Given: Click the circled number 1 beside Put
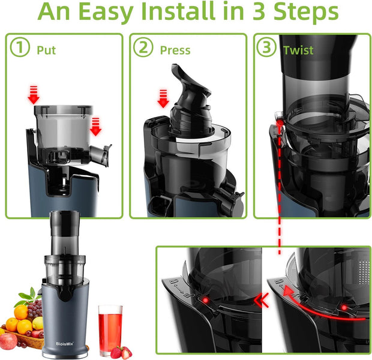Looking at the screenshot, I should (22, 49).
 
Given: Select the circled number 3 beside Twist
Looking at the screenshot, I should (266, 49).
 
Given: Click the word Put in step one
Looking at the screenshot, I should (47, 50).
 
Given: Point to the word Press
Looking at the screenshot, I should (175, 50).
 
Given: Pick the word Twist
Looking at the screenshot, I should (298, 50).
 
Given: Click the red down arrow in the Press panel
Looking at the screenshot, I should (161, 97).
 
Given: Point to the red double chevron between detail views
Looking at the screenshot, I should (262, 299).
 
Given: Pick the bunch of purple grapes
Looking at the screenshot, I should (35, 309).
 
